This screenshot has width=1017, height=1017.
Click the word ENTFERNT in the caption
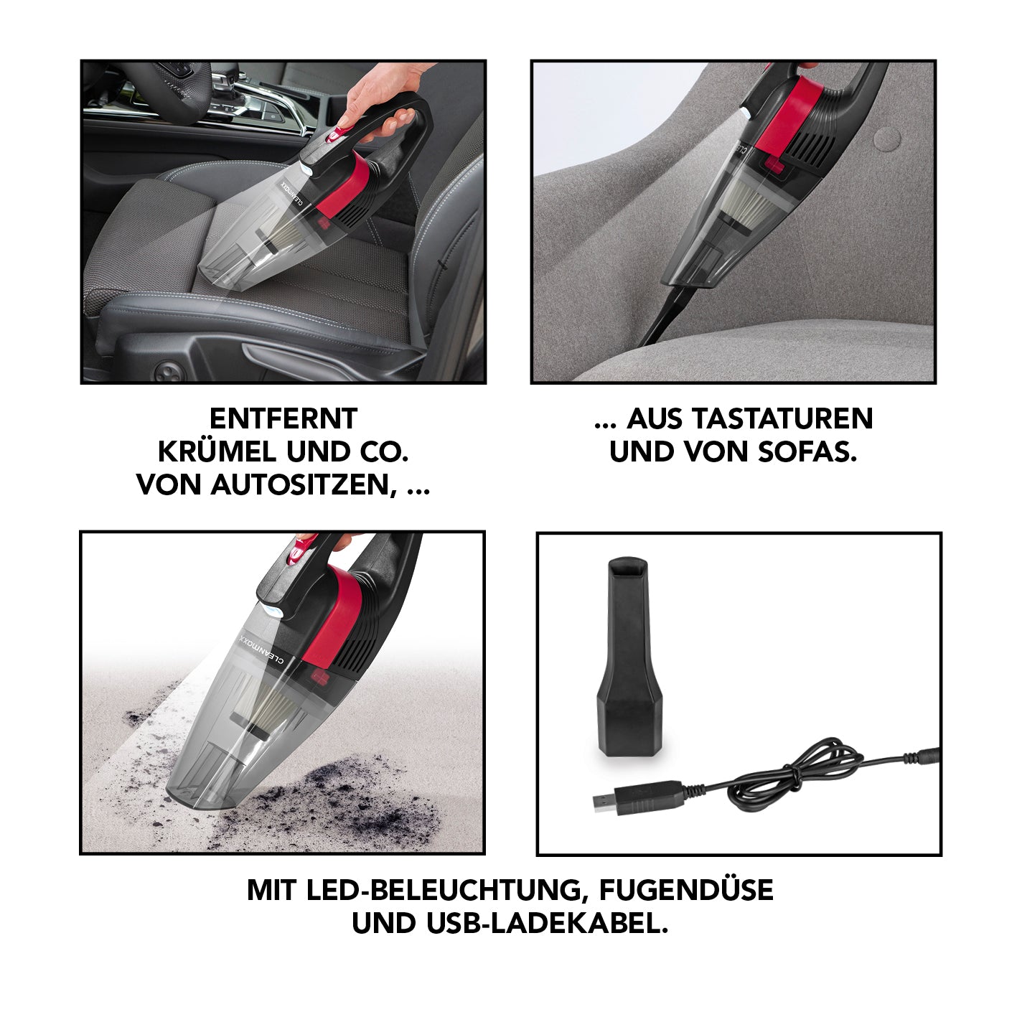[x=283, y=418]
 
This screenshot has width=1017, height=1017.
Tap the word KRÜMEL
[x=217, y=452]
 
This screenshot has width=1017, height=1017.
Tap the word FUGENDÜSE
[x=686, y=890]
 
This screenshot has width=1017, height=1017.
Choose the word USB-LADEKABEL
[x=546, y=924]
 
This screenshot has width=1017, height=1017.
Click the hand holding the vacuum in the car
[x=380, y=100]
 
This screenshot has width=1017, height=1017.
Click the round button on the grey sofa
[x=889, y=139]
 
